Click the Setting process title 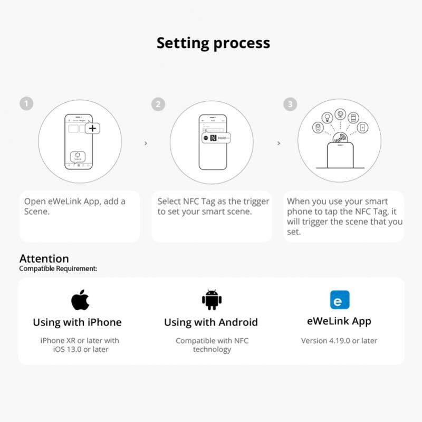click(x=213, y=43)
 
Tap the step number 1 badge click(x=26, y=103)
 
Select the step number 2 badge click(x=158, y=104)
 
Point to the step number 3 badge click(x=290, y=104)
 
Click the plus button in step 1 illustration click(x=92, y=128)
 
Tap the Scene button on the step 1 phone click(x=78, y=156)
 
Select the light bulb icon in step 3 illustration click(x=327, y=117)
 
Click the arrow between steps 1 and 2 click(x=146, y=143)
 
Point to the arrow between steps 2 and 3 click(x=279, y=143)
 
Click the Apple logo click(x=80, y=300)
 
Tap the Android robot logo click(x=212, y=300)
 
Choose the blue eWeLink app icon click(x=339, y=300)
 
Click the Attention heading click(x=44, y=258)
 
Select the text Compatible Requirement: click(x=58, y=268)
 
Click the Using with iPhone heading click(x=77, y=322)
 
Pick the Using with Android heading click(x=211, y=322)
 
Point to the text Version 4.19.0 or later click(x=339, y=341)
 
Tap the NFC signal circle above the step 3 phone click(x=340, y=139)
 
